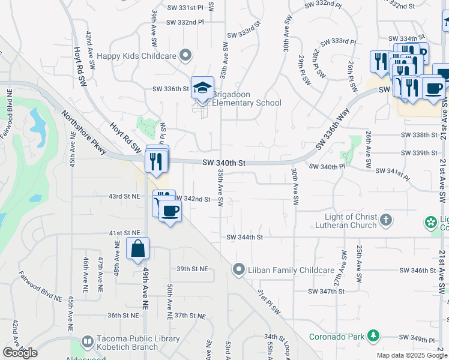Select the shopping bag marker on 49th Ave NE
[138, 248]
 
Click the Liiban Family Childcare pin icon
[240, 269]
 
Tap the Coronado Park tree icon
[373, 335]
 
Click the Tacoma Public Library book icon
[87, 342]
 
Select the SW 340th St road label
[224, 163]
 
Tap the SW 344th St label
[245, 237]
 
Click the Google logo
[20, 353]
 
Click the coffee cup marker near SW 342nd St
[171, 212]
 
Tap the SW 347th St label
[327, 291]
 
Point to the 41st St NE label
[124, 232]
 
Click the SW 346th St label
[418, 271]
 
